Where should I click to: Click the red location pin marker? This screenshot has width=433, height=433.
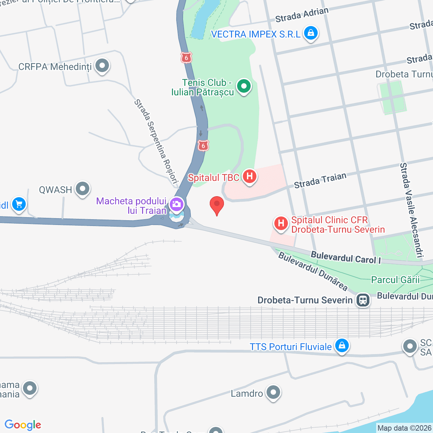(217, 204)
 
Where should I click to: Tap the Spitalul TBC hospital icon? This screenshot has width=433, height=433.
(249, 176)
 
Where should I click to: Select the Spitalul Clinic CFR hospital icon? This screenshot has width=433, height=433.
(281, 224)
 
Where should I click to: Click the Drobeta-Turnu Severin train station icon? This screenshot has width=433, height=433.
(363, 300)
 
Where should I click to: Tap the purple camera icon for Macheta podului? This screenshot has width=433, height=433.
(177, 204)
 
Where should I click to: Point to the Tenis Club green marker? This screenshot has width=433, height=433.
(244, 86)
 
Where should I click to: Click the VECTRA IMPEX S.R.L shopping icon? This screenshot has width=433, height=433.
(311, 33)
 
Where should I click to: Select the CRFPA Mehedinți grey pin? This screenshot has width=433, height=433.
(102, 66)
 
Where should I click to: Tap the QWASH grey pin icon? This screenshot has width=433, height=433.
(83, 189)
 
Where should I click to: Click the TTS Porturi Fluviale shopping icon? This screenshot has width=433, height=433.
(342, 346)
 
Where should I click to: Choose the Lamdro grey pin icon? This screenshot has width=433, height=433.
(273, 392)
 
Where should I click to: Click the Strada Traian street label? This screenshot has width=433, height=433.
(320, 180)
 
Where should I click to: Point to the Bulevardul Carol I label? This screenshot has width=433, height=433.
(346, 257)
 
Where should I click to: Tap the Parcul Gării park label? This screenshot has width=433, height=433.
(395, 280)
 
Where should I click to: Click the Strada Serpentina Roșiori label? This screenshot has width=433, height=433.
(156, 141)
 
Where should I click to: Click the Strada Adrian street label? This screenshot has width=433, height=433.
(302, 15)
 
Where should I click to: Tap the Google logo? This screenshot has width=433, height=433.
(23, 425)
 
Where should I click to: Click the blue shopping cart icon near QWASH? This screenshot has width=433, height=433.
(19, 204)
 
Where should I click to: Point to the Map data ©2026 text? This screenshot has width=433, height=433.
(404, 428)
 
